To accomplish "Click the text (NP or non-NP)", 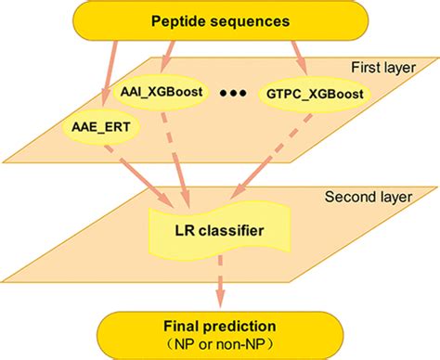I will [x=221, y=341].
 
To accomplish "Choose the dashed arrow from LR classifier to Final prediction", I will [x=221, y=283].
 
